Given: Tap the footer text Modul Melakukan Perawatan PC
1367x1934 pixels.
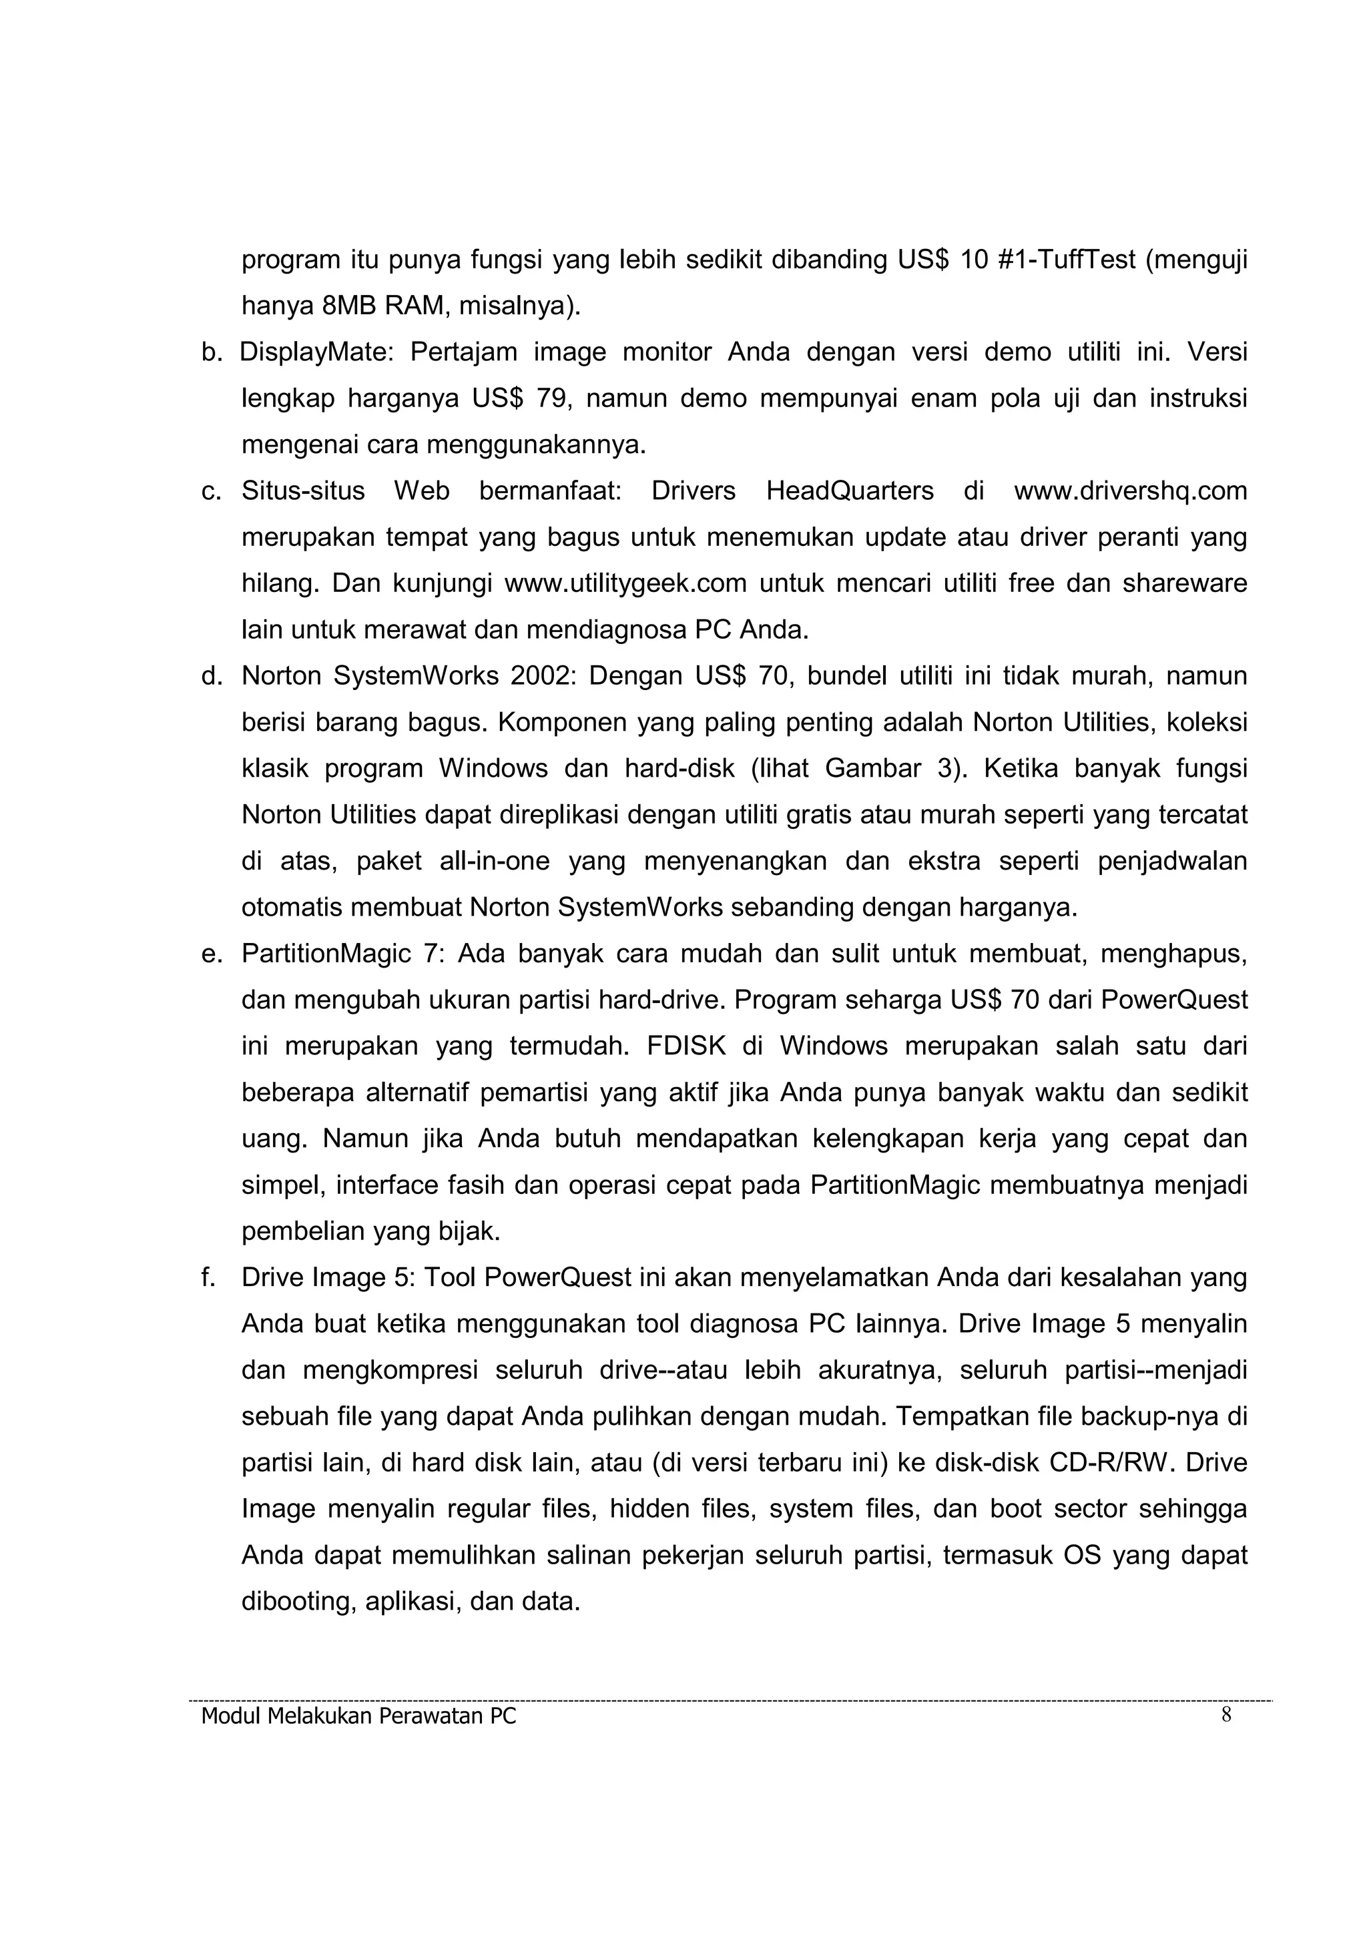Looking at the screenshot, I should [359, 1716].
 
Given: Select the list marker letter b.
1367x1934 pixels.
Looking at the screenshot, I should [210, 352].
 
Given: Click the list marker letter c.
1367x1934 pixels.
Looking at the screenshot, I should [210, 491].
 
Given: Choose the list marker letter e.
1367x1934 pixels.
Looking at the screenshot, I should [210, 954].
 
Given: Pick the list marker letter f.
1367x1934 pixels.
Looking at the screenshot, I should [208, 1277].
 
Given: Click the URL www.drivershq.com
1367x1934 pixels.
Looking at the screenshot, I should [1130, 491].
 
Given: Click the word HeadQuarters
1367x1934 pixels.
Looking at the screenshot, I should [849, 491].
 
